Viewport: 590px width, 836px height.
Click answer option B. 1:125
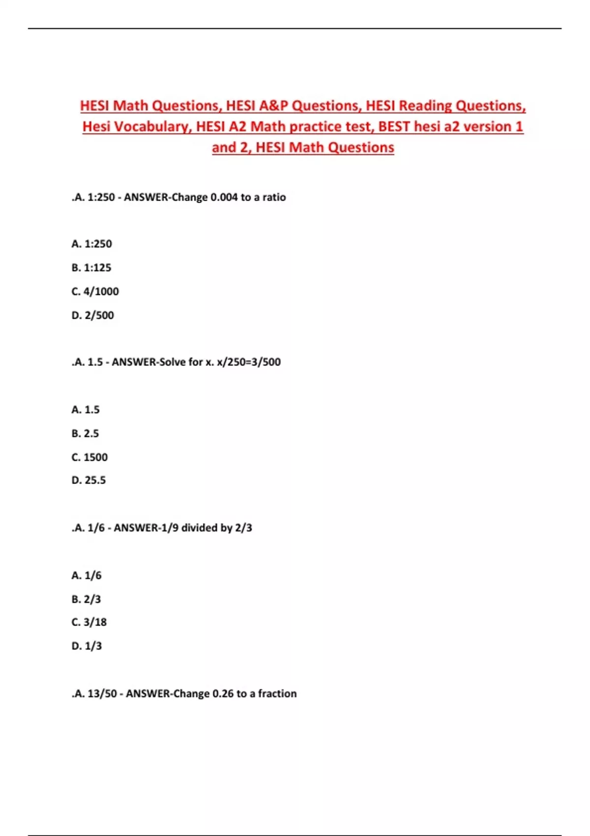point(91,268)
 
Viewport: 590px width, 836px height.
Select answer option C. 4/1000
point(95,292)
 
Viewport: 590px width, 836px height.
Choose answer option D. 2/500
point(92,315)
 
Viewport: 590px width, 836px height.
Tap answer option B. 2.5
point(85,434)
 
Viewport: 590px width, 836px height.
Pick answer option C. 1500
point(89,457)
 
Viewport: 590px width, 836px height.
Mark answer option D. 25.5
point(88,480)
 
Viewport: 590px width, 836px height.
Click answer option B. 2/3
point(86,599)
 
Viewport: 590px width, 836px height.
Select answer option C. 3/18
point(89,623)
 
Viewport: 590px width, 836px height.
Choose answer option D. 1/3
point(87,646)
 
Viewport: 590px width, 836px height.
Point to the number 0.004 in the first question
point(224,198)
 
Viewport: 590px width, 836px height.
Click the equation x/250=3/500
point(249,362)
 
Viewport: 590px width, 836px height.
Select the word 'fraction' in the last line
point(277,694)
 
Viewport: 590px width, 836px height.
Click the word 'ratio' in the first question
point(274,198)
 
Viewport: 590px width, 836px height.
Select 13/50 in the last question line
point(102,694)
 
